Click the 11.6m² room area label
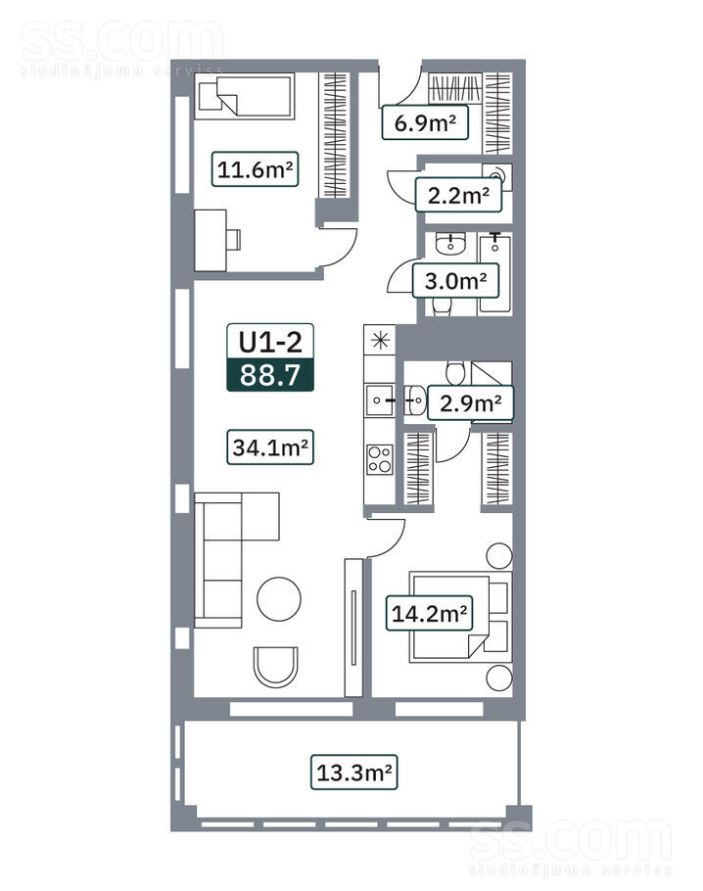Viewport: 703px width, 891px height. click(x=256, y=168)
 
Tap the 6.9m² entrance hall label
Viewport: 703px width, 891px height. click(x=425, y=122)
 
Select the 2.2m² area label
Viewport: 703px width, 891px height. click(x=458, y=195)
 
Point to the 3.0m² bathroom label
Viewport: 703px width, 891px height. click(x=455, y=281)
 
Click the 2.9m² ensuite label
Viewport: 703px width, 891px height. click(x=470, y=402)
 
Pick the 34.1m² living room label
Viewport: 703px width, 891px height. click(x=270, y=447)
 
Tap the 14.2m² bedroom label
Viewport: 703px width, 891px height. click(x=429, y=613)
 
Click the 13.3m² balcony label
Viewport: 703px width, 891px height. click(x=353, y=773)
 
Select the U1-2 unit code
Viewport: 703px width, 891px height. click(x=270, y=342)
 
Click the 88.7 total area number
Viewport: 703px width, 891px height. click(x=270, y=375)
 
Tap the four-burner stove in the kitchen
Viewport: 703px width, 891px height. click(x=380, y=459)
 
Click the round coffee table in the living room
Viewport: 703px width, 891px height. click(x=279, y=599)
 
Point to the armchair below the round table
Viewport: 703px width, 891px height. click(x=276, y=667)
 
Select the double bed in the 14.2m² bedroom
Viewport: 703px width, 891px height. click(x=460, y=617)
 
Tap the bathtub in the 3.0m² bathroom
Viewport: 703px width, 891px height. click(x=494, y=274)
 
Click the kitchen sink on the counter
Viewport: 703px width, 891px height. click(x=379, y=400)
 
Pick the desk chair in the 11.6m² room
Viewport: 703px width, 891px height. click(x=234, y=239)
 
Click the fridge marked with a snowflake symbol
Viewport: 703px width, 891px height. click(x=380, y=341)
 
